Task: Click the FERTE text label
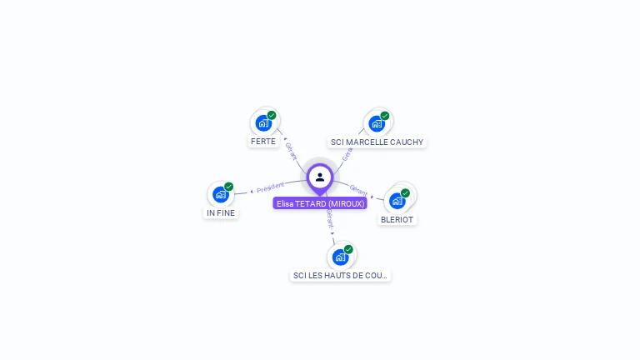point(263,142)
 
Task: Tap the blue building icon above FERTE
point(263,123)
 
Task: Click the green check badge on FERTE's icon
point(272,116)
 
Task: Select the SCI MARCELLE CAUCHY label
point(377,142)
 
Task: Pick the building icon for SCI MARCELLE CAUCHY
point(377,123)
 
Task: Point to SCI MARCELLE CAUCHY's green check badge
point(385,116)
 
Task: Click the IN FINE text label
point(221,212)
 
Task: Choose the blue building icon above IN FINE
point(221,194)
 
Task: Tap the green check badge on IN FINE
point(229,187)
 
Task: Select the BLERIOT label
point(397,219)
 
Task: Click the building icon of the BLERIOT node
point(397,201)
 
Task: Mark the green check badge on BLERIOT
point(406,193)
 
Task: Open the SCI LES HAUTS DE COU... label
point(340,275)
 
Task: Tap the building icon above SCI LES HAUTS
point(340,257)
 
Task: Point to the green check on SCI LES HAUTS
point(348,249)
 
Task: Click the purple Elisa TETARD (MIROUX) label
point(321,203)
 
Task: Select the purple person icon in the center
point(320,177)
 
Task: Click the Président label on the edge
point(271,187)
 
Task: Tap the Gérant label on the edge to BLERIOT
point(358,191)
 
